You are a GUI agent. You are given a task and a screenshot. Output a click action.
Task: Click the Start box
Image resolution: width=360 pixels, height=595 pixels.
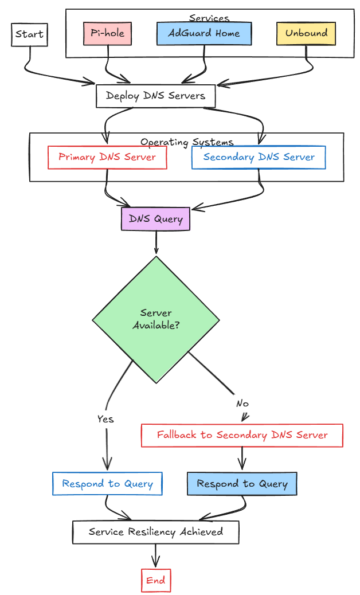29,35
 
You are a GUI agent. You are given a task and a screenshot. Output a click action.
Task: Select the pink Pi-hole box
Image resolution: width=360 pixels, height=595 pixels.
108,33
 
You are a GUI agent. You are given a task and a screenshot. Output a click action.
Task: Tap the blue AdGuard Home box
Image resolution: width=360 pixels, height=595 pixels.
204,33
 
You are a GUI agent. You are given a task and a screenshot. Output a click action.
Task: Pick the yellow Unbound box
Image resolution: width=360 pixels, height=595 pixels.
306,33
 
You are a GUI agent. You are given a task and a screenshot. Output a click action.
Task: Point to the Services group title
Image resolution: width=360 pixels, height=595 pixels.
209,18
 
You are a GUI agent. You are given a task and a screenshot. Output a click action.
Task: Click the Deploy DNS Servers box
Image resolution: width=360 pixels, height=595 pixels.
155,96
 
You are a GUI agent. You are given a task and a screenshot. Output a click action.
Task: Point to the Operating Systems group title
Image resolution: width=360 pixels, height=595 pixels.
187,142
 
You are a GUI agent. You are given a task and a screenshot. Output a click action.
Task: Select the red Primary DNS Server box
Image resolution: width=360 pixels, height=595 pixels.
107,157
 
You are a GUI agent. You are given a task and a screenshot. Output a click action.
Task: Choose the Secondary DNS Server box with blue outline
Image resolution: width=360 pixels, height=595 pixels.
259,157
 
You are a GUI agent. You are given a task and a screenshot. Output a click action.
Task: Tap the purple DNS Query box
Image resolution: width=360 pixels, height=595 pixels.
155,218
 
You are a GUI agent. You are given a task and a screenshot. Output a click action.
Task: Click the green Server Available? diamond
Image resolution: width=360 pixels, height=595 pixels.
155,319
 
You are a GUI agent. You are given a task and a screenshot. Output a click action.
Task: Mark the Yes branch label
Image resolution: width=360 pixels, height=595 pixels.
105,419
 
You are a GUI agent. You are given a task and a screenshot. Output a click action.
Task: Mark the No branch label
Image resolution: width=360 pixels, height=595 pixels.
242,404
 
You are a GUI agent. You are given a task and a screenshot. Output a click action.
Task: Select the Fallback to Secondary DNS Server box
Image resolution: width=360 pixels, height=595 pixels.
242,435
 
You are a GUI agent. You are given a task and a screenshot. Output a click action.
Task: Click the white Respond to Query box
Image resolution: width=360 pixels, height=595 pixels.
107,484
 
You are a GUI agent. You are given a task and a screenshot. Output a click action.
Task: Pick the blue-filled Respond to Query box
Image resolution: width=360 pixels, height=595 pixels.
242,484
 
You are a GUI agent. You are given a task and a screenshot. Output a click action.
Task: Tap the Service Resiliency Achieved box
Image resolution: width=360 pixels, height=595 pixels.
155,532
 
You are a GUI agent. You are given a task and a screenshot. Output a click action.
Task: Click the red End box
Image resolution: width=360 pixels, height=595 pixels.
155,580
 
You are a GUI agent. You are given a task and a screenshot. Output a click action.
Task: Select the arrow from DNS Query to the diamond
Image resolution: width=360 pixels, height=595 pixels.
156,242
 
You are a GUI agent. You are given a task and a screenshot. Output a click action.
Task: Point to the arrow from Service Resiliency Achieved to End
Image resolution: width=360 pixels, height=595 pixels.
155,555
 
